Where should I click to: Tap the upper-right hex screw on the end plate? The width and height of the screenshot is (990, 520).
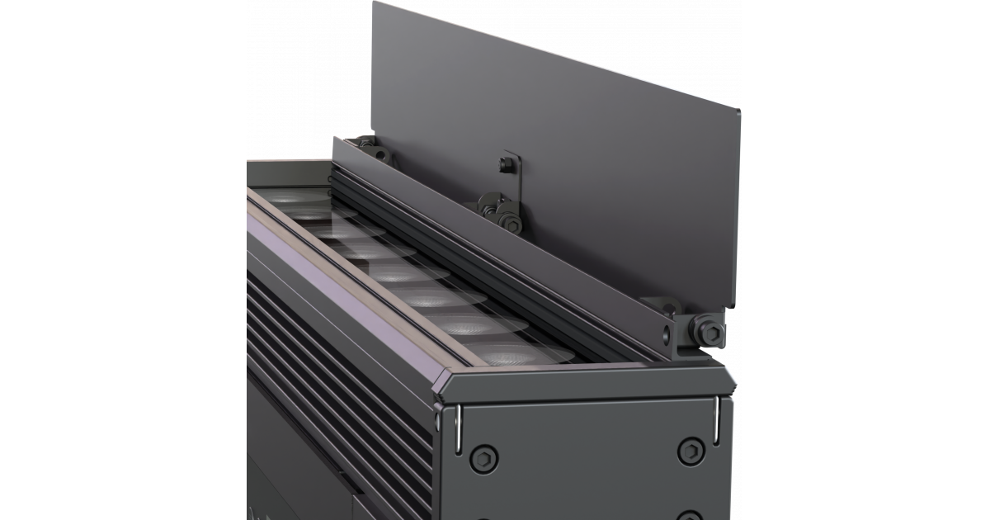pyautogui.click(x=687, y=451)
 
